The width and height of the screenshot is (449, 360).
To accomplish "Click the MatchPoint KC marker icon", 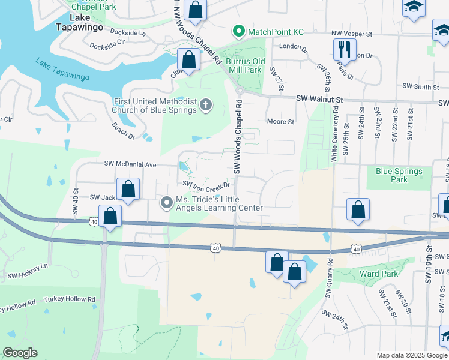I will tap(238, 31).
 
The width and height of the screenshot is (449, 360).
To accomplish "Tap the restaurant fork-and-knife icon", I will tap(345, 49).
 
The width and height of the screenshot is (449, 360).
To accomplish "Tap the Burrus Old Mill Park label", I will tap(244, 65).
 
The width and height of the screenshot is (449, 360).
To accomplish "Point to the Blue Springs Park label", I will tap(399, 175).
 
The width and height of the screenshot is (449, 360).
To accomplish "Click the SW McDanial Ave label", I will tap(130, 164).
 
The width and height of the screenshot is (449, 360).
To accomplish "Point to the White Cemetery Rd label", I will tap(335, 134).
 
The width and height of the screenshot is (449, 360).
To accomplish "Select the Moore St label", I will tap(280, 121).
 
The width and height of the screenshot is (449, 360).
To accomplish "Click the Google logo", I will tap(20, 353).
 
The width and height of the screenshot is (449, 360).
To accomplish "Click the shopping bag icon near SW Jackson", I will tap(128, 189).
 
